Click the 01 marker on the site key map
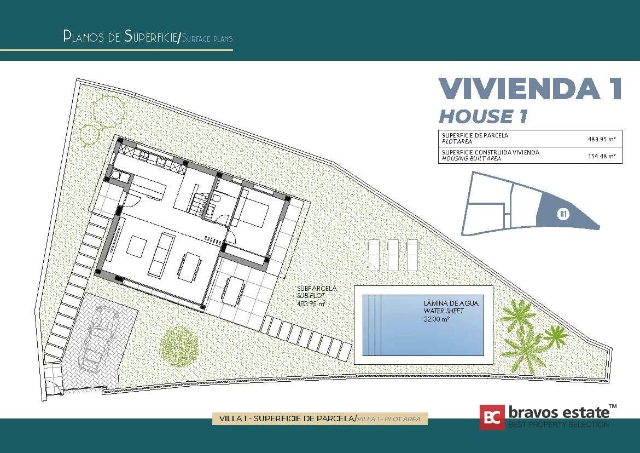tap(563, 214)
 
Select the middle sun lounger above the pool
tap(393, 254)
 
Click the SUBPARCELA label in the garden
tap(317, 288)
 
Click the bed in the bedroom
tap(251, 214)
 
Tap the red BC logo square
tap(492, 417)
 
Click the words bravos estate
tap(558, 412)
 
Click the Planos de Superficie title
tap(121, 37)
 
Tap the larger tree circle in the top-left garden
tap(109, 110)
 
